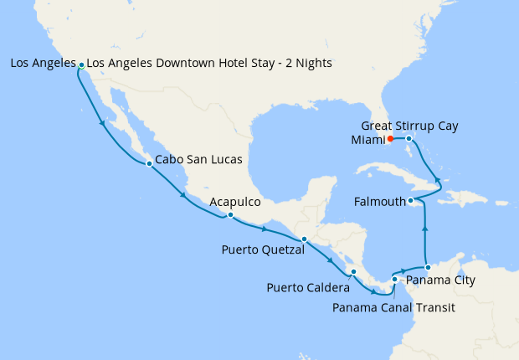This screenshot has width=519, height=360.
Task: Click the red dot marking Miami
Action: (x=390, y=139)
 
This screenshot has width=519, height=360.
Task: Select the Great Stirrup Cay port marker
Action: (x=409, y=138)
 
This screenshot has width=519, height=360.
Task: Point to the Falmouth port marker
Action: (x=410, y=201)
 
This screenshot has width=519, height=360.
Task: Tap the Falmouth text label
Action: (x=381, y=202)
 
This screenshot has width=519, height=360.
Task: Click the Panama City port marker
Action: (x=428, y=267)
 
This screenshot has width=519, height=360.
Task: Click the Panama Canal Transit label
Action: (x=393, y=307)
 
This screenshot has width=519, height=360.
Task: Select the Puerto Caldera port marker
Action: (x=353, y=271)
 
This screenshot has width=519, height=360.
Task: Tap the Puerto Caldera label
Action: (x=309, y=288)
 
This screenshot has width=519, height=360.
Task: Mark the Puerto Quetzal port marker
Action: (x=304, y=239)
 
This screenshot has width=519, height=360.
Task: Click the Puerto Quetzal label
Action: (x=263, y=249)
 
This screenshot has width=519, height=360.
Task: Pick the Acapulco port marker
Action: (x=229, y=215)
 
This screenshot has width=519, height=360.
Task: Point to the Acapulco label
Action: (x=235, y=202)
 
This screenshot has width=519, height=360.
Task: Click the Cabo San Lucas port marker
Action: (x=149, y=163)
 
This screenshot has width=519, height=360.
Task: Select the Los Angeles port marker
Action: (x=80, y=64)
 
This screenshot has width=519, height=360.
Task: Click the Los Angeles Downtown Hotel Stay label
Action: (x=209, y=63)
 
